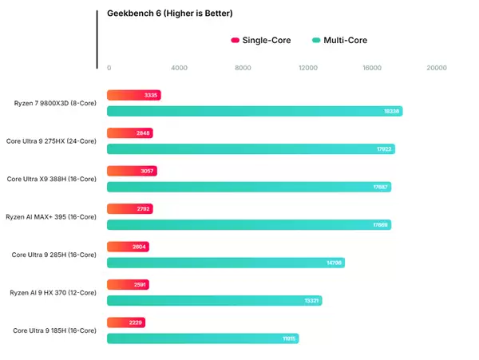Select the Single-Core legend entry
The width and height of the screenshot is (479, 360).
tap(259, 40)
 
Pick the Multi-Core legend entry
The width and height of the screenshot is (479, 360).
tap(345, 40)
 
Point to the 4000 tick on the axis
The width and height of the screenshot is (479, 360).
tap(179, 68)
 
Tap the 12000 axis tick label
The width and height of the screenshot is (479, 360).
tap(307, 68)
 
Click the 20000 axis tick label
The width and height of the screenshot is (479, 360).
tap(436, 68)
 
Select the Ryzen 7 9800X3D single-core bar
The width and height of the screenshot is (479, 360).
tap(133, 95)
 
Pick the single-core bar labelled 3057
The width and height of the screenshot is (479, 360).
tap(131, 171)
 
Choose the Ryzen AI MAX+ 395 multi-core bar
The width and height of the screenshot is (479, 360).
tap(248, 225)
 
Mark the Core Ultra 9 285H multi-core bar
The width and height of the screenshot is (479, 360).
tap(225, 263)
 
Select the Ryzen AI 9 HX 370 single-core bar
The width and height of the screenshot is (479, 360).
tap(127, 284)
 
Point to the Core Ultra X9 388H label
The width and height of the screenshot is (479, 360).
tap(51, 179)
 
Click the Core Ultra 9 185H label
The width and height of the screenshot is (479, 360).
tap(53, 330)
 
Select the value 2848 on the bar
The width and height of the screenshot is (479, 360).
tap(144, 133)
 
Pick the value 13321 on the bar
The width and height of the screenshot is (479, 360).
tap(311, 301)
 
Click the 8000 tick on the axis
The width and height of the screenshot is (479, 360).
tap(243, 68)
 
